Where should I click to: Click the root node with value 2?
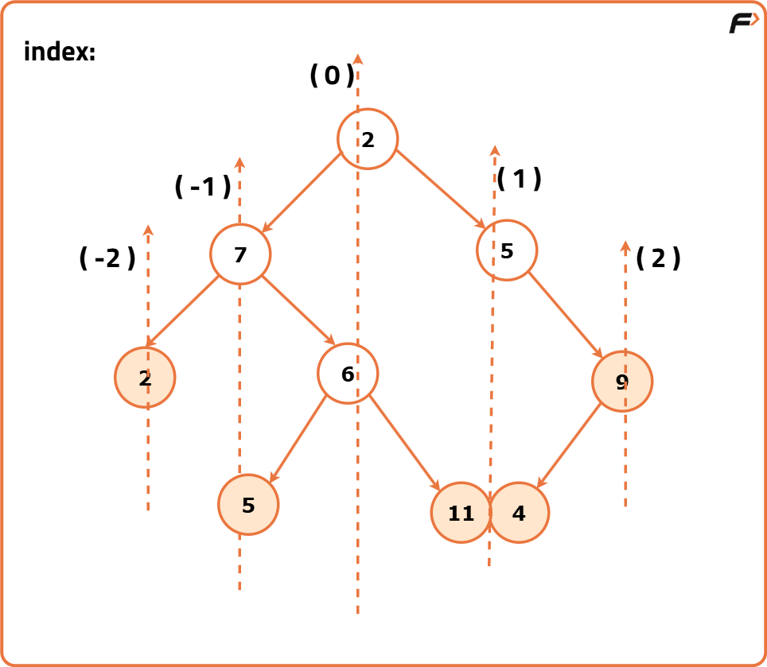368,139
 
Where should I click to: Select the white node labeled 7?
240,254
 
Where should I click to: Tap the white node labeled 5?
507,250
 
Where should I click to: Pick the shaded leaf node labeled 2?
145,378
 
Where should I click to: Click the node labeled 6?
348,373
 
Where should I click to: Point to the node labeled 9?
621,382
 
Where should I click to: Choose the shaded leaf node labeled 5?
248,505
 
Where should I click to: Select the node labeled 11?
461,513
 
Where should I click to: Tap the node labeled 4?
519,513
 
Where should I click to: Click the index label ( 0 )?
331,76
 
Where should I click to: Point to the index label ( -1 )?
202,187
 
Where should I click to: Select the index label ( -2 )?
107,258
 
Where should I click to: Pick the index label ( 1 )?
520,179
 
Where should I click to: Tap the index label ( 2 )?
659,258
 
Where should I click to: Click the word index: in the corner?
60,52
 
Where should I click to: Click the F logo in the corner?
743,24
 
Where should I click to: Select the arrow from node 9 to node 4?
570,445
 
